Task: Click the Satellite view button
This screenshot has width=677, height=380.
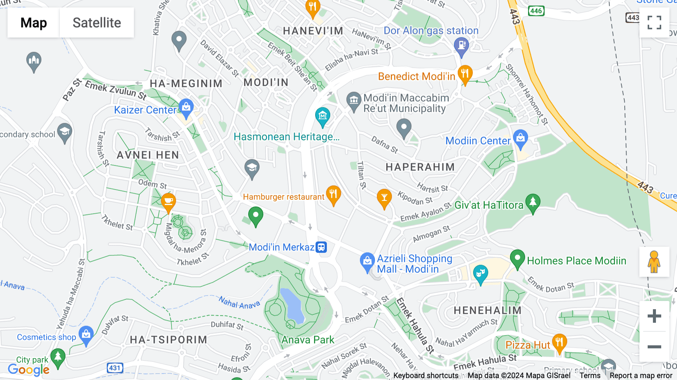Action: (x=97, y=23)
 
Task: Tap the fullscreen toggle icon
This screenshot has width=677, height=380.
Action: (x=654, y=23)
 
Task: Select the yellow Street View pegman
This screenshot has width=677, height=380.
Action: (x=654, y=262)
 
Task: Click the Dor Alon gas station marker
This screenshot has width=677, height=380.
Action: (x=461, y=47)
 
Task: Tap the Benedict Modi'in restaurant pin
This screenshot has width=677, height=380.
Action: (x=465, y=74)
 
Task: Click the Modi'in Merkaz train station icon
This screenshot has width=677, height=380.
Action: (x=321, y=247)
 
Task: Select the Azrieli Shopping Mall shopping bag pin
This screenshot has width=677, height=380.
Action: (x=367, y=261)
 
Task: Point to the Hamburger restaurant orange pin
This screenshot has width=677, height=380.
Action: (x=333, y=195)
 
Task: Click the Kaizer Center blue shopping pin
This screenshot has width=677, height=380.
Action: (x=186, y=108)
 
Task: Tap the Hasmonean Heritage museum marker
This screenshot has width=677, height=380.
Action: (x=323, y=116)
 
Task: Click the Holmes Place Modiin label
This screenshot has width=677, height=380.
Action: (x=576, y=261)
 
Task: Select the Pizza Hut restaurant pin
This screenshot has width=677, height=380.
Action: (x=559, y=343)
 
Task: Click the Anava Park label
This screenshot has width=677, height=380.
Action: (x=308, y=340)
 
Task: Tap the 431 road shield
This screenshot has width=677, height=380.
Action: (x=115, y=368)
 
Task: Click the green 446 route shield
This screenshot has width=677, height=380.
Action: (x=536, y=11)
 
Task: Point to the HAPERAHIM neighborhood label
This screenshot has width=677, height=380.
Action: (x=420, y=167)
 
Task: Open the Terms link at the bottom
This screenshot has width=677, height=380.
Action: (x=590, y=375)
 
